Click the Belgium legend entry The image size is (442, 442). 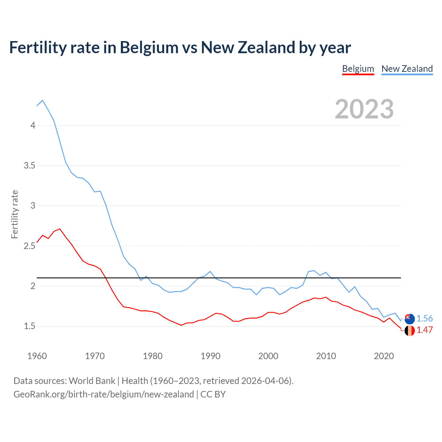(x=358, y=69)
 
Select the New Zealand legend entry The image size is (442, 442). (x=407, y=69)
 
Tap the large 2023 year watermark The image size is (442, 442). (x=364, y=109)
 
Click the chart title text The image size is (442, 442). (x=180, y=47)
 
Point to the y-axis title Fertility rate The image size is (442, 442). (x=15, y=214)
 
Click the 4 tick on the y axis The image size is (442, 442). (x=33, y=125)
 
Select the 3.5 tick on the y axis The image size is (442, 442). (x=30, y=165)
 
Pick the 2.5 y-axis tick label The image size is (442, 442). (x=30, y=246)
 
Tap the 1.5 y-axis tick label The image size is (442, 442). (x=30, y=326)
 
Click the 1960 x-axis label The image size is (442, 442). (x=37, y=356)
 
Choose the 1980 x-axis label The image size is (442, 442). (x=153, y=356)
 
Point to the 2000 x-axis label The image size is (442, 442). (x=268, y=356)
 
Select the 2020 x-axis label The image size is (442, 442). (x=384, y=356)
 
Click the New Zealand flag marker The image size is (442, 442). (x=410, y=319)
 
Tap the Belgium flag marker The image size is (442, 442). (x=410, y=330)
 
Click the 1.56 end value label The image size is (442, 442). (x=424, y=318)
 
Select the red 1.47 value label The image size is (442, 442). (x=424, y=330)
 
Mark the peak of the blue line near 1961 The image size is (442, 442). (x=42, y=100)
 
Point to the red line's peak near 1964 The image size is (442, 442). (x=60, y=229)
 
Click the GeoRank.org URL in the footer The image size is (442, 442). (x=104, y=394)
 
